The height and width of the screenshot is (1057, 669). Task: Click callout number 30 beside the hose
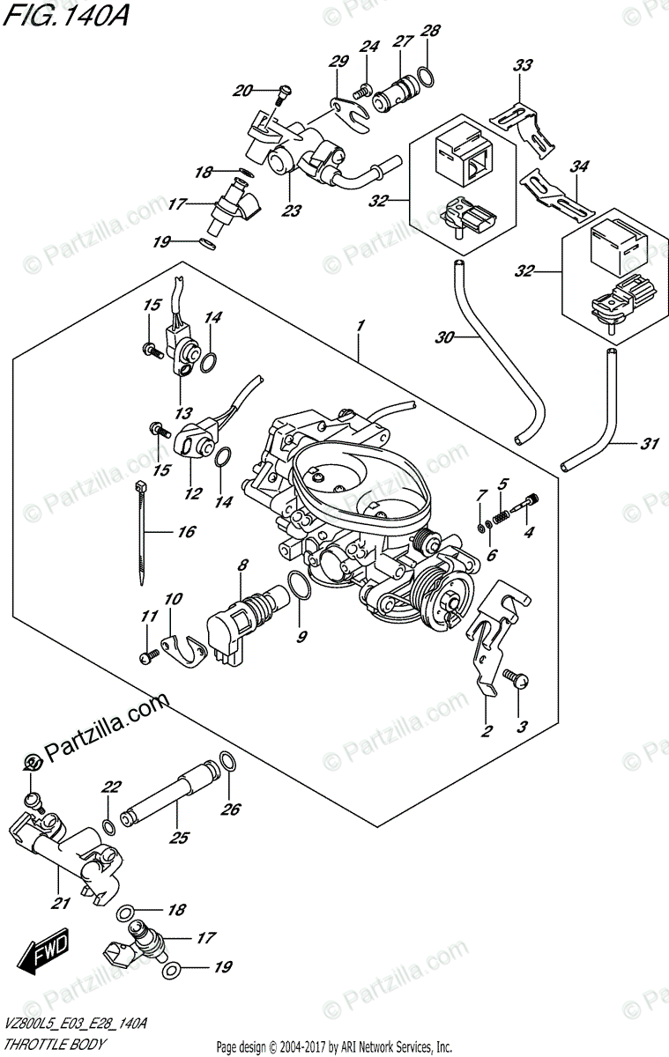pyautogui.click(x=445, y=337)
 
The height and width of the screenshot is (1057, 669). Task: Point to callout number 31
pyautogui.click(x=650, y=444)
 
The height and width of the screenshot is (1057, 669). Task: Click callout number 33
pyautogui.click(x=523, y=65)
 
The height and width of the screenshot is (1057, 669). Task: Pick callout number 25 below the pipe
pyautogui.click(x=179, y=838)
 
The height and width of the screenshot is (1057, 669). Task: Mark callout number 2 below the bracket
pyautogui.click(x=485, y=730)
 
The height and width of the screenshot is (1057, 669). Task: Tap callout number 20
pyautogui.click(x=242, y=90)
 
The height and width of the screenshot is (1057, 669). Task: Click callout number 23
pyautogui.click(x=291, y=211)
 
